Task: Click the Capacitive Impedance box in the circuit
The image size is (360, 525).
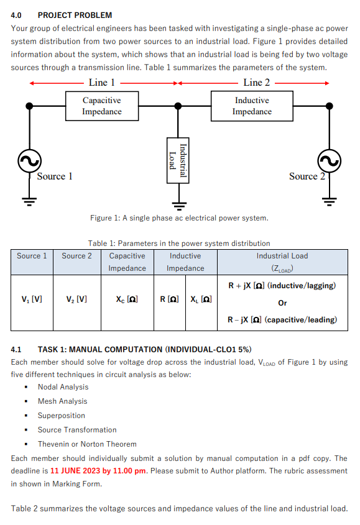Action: point(101,106)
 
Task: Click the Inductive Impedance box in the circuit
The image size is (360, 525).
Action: point(252,106)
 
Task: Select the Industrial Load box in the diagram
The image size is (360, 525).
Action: point(178,159)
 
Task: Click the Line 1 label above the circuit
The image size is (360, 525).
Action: point(101,83)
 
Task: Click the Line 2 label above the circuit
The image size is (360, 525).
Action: point(256,83)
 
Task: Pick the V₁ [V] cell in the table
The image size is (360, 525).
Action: point(32,299)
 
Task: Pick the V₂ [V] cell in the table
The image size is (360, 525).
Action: point(76,299)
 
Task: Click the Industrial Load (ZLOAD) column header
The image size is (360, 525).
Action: point(282,262)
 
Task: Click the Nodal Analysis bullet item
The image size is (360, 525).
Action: point(63,387)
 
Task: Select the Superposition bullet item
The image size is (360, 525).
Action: point(61,416)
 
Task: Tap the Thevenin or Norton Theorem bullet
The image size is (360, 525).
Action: point(86,444)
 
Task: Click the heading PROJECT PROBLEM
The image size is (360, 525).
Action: point(75,15)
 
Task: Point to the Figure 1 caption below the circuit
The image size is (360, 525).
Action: point(179,218)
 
